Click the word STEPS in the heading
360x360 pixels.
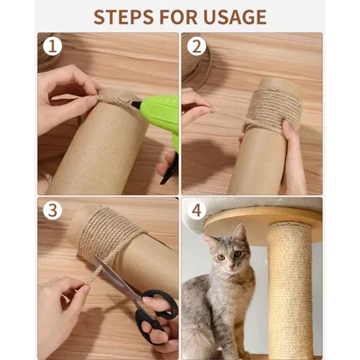click(x=126, y=16)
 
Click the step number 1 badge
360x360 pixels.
click(x=52, y=46)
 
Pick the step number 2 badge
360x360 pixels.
click(x=196, y=46)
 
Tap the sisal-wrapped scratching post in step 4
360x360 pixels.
click(x=290, y=288)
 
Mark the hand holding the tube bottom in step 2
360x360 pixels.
click(x=292, y=157)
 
